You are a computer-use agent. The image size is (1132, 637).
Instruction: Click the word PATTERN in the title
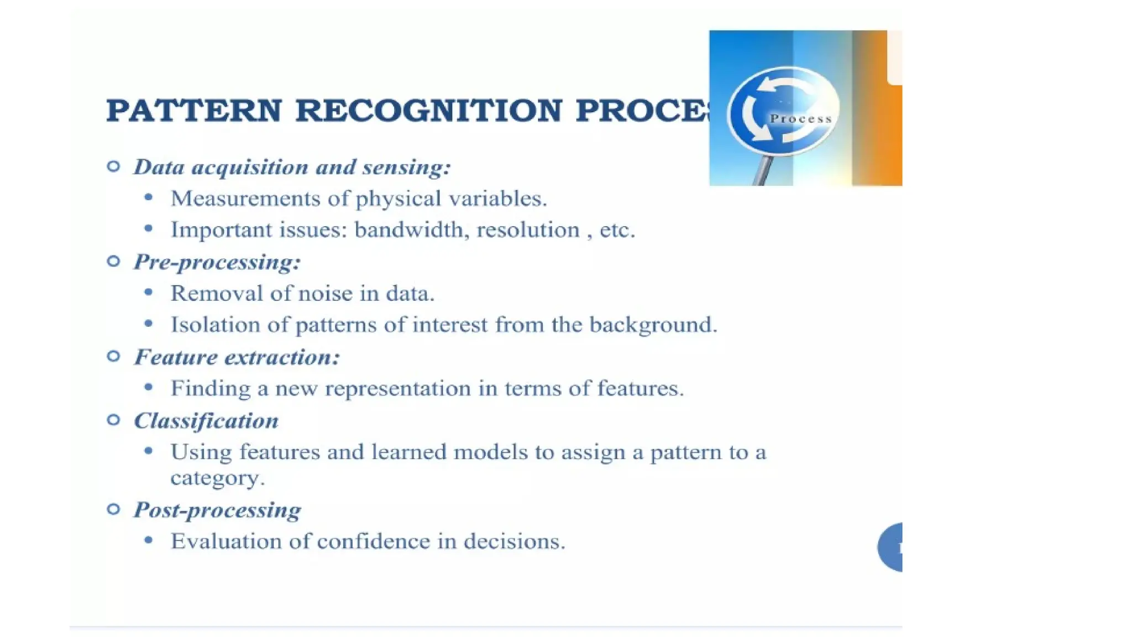tap(194, 110)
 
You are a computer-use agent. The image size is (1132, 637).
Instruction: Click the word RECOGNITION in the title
tap(429, 110)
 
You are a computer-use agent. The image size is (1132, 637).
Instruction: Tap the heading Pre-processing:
tap(217, 262)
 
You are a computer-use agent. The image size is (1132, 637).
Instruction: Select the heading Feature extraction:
tap(237, 357)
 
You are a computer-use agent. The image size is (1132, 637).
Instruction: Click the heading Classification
tap(206, 421)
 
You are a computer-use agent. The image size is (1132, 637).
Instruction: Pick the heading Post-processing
tap(217, 509)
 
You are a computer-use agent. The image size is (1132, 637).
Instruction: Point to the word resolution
tap(528, 229)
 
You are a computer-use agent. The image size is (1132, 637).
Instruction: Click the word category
tap(217, 478)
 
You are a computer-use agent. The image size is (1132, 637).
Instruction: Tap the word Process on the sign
tap(801, 119)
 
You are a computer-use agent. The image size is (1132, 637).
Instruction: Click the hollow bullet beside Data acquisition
tap(113, 166)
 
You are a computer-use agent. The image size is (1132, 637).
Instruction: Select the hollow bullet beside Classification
tap(113, 420)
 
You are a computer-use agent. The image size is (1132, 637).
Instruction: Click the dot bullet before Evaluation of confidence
tap(148, 540)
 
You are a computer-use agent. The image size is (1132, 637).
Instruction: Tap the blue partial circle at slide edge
tap(891, 547)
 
